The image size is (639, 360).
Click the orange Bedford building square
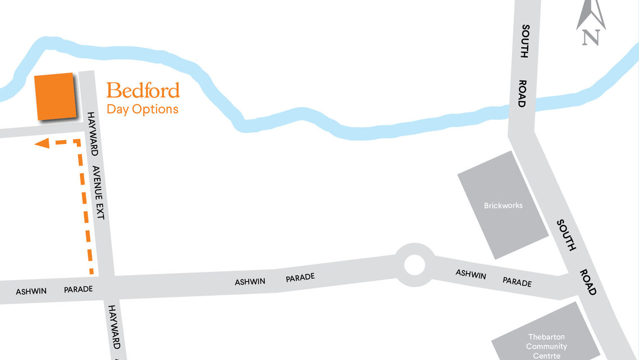(x=55, y=96)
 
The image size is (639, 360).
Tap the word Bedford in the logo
(x=143, y=91)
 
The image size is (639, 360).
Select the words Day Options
(x=142, y=109)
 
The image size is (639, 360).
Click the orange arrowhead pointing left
(x=41, y=144)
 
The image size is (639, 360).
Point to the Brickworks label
(x=503, y=205)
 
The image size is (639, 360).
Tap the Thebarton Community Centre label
(x=546, y=346)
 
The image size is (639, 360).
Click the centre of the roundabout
(x=415, y=264)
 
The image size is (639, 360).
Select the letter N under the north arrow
(x=590, y=37)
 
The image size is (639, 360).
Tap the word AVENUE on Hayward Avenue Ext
(x=97, y=183)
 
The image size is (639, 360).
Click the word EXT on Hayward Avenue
(x=101, y=211)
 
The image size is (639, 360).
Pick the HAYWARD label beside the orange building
(x=93, y=134)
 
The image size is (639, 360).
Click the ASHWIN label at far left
(x=31, y=291)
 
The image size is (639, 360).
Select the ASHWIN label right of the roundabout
(x=471, y=274)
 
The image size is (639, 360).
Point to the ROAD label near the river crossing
(x=522, y=93)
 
